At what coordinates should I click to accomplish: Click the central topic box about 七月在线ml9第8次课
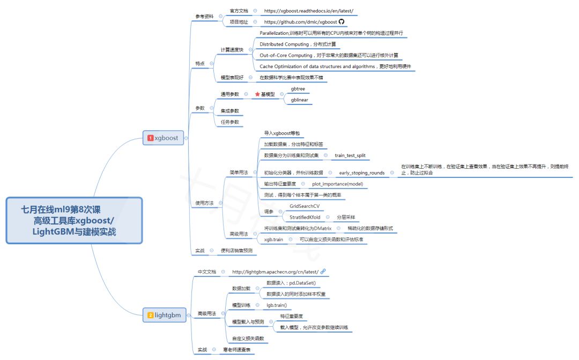(74, 220)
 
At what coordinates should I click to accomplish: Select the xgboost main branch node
(163, 138)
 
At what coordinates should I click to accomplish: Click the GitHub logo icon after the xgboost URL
(342, 22)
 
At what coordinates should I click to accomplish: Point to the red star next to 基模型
(257, 94)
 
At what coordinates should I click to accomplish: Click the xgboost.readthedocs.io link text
(308, 11)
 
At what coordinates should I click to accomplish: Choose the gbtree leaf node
(298, 88)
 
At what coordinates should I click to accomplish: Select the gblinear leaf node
(299, 100)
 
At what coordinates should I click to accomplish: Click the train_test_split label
(351, 155)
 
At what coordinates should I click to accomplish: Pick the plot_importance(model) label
(337, 184)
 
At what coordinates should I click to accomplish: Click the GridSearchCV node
(305, 206)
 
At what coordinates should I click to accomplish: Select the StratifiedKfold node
(306, 217)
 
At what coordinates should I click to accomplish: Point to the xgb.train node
(273, 239)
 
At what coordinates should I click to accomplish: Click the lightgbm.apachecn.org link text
(275, 272)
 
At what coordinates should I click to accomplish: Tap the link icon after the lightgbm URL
(323, 272)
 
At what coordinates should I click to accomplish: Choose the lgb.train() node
(277, 305)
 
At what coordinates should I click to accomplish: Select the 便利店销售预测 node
(236, 250)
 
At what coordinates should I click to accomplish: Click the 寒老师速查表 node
(236, 349)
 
